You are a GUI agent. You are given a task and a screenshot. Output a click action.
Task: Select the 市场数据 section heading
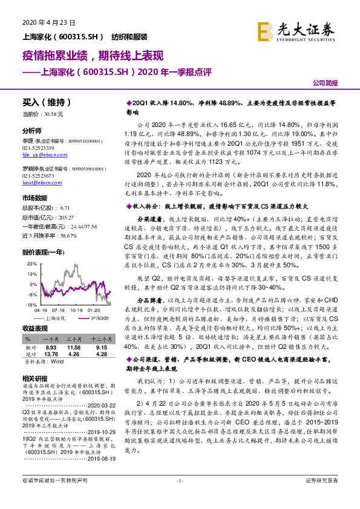pyautogui.click(x=34, y=198)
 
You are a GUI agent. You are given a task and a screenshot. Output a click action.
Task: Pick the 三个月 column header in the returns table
pyautogui.click(x=74, y=340)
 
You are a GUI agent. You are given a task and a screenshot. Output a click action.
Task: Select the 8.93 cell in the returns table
pyautogui.click(x=51, y=348)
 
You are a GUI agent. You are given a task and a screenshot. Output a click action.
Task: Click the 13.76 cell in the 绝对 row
pyautogui.click(x=51, y=355)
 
